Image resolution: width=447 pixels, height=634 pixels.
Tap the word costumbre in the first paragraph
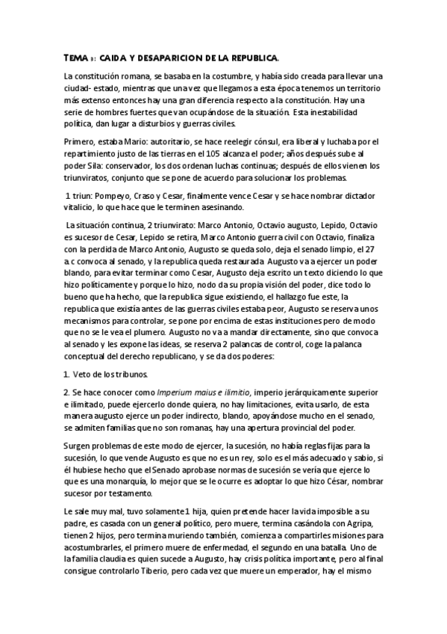click(223, 76)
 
